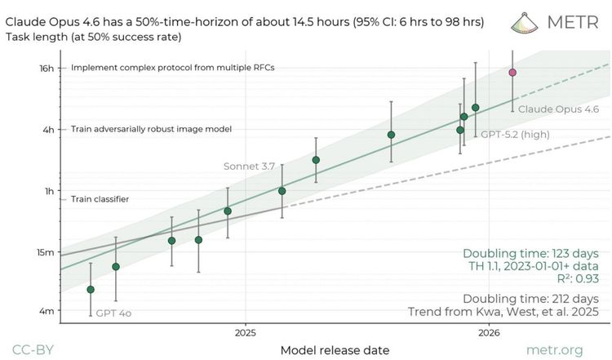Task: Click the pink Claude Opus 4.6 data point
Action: [x=512, y=73]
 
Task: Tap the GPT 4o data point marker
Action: [x=91, y=290]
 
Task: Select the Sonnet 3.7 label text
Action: [x=250, y=166]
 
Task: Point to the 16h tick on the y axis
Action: [x=47, y=69]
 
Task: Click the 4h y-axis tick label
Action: [x=49, y=129]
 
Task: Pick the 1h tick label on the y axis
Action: [x=49, y=190]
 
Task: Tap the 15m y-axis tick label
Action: [x=46, y=251]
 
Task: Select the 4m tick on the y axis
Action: [x=48, y=311]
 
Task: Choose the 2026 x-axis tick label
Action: [x=490, y=332]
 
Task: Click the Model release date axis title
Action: [x=335, y=350]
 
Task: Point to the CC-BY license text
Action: [x=34, y=350]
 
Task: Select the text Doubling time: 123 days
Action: [x=531, y=253]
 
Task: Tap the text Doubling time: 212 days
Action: [x=531, y=298]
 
